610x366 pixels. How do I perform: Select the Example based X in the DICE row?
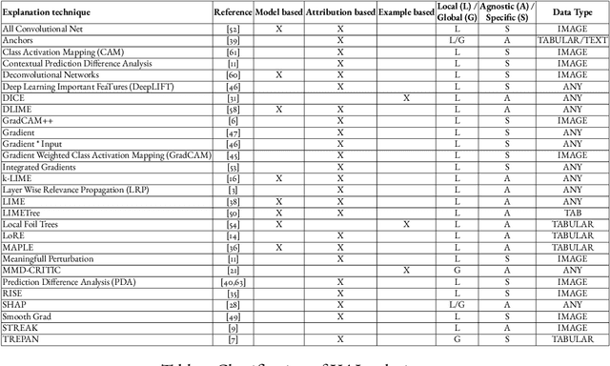406,98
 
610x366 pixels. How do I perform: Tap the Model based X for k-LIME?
278,177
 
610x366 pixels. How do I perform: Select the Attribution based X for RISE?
340,293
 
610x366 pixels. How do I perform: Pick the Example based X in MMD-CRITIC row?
406,269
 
